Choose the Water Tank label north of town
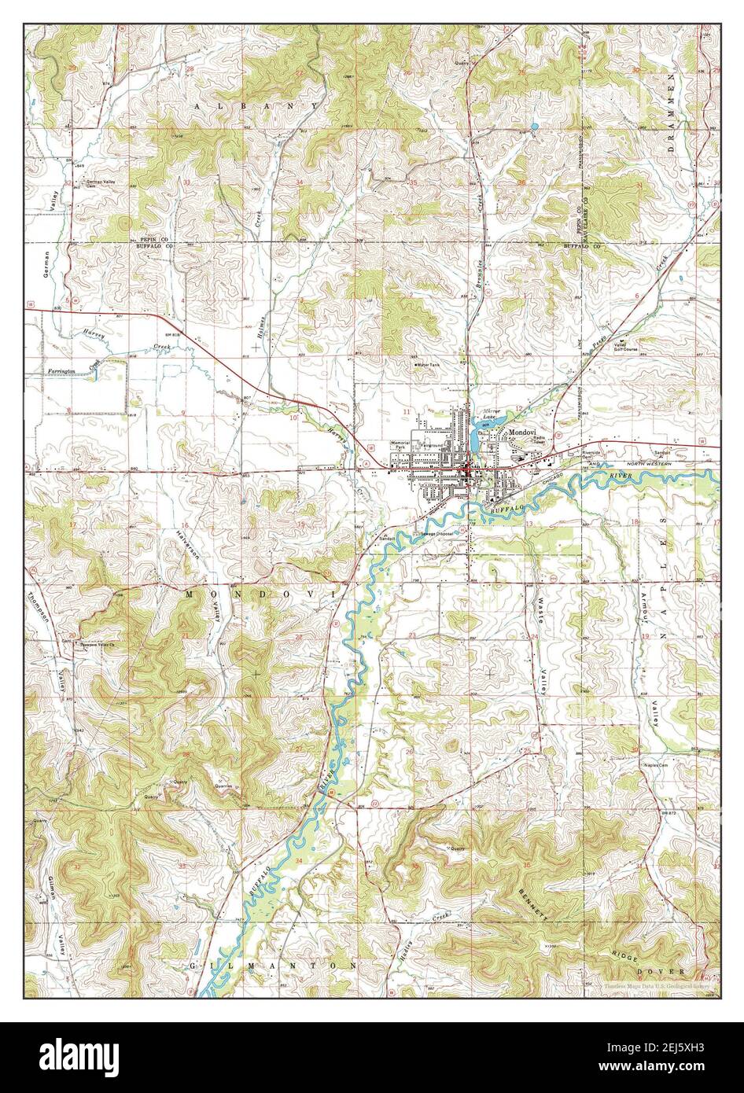coord(429,365)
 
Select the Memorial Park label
coord(400,446)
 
